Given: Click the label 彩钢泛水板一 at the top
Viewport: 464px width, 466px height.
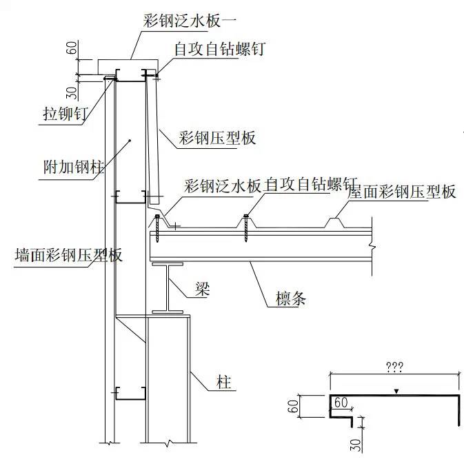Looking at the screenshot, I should tap(181, 21).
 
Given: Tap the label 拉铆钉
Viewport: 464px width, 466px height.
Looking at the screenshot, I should tap(61, 114).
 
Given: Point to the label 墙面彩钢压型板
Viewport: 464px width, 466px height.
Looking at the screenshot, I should tap(68, 255).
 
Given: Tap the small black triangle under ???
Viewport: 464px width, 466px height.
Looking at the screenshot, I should tap(396, 392).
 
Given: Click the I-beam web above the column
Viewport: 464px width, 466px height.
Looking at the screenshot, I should tap(166, 290).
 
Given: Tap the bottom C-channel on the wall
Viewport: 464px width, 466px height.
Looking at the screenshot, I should tap(128, 393).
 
